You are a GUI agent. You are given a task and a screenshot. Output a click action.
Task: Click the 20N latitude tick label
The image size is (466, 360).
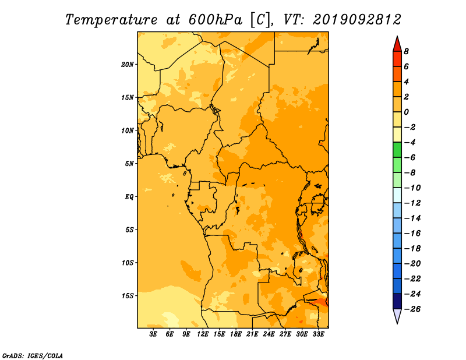[128, 65]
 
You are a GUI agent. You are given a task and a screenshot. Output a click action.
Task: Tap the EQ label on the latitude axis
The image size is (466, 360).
[129, 197]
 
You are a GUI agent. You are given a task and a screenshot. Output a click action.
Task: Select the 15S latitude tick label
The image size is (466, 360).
[128, 296]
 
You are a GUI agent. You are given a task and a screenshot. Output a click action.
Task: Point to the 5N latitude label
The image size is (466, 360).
[129, 164]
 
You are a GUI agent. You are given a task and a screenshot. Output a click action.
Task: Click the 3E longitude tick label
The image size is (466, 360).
[153, 334]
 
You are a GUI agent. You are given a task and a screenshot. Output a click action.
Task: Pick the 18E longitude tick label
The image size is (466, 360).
[235, 334]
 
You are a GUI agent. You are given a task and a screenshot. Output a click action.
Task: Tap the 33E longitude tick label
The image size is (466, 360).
[318, 334]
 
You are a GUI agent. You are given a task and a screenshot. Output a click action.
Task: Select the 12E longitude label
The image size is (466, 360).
[202, 334]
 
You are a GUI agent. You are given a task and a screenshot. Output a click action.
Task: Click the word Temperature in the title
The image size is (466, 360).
[111, 20]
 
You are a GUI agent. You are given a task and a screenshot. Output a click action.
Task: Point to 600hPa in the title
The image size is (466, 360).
[215, 20]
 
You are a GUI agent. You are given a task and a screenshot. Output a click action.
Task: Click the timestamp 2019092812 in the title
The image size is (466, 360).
[357, 20]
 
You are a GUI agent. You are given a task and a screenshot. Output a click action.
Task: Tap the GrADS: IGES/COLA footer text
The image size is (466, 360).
[33, 356]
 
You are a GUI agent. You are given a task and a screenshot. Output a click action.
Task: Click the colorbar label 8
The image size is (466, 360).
[406, 51]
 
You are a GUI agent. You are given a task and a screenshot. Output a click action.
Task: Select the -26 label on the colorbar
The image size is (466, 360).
[412, 309]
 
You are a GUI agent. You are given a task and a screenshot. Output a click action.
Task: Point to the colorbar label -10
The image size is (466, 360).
[412, 188]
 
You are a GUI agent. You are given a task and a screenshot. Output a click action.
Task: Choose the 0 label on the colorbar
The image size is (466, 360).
[406, 112]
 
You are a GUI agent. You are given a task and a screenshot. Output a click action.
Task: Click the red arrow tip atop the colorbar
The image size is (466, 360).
[397, 36]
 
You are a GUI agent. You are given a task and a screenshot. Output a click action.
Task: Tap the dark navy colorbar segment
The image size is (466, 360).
[397, 301]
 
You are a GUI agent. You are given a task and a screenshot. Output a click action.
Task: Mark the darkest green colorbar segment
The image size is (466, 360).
[397, 150]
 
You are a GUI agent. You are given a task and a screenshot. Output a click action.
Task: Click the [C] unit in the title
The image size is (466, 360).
[260, 20]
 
